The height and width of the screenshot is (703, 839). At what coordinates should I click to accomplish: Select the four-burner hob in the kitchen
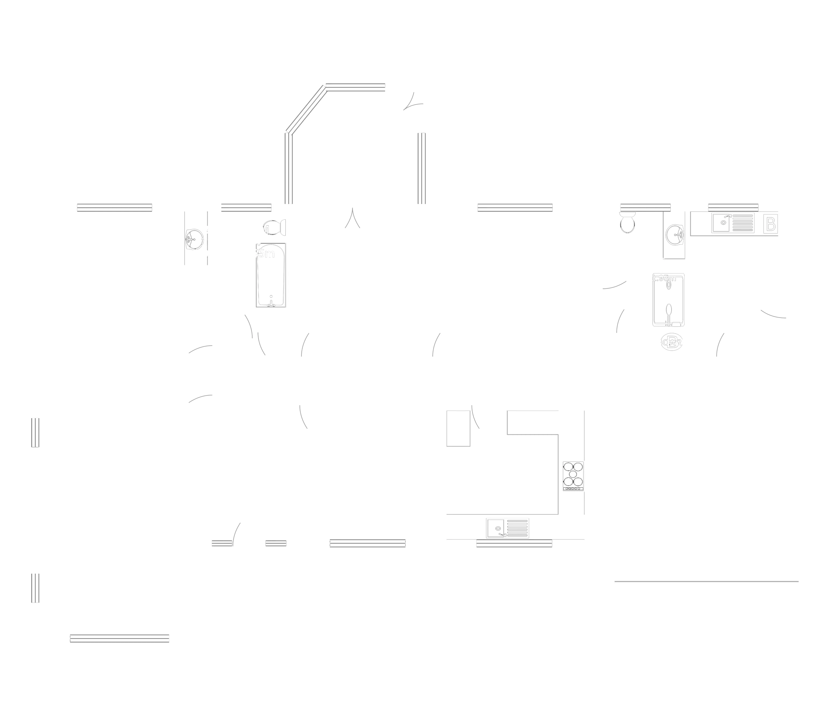(573, 476)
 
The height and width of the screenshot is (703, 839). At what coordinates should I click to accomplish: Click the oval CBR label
(672, 342)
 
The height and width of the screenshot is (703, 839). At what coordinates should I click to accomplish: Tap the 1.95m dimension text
(664, 278)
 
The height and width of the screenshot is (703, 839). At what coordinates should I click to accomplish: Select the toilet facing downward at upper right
(627, 224)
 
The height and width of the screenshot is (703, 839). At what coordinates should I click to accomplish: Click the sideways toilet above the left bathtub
(274, 227)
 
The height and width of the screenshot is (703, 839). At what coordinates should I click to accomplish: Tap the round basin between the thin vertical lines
(195, 239)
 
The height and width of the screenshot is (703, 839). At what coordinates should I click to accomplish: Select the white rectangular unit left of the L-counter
(458, 428)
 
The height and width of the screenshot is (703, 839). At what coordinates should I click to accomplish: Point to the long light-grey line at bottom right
(706, 582)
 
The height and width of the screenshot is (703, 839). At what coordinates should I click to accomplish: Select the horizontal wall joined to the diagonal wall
(355, 86)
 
